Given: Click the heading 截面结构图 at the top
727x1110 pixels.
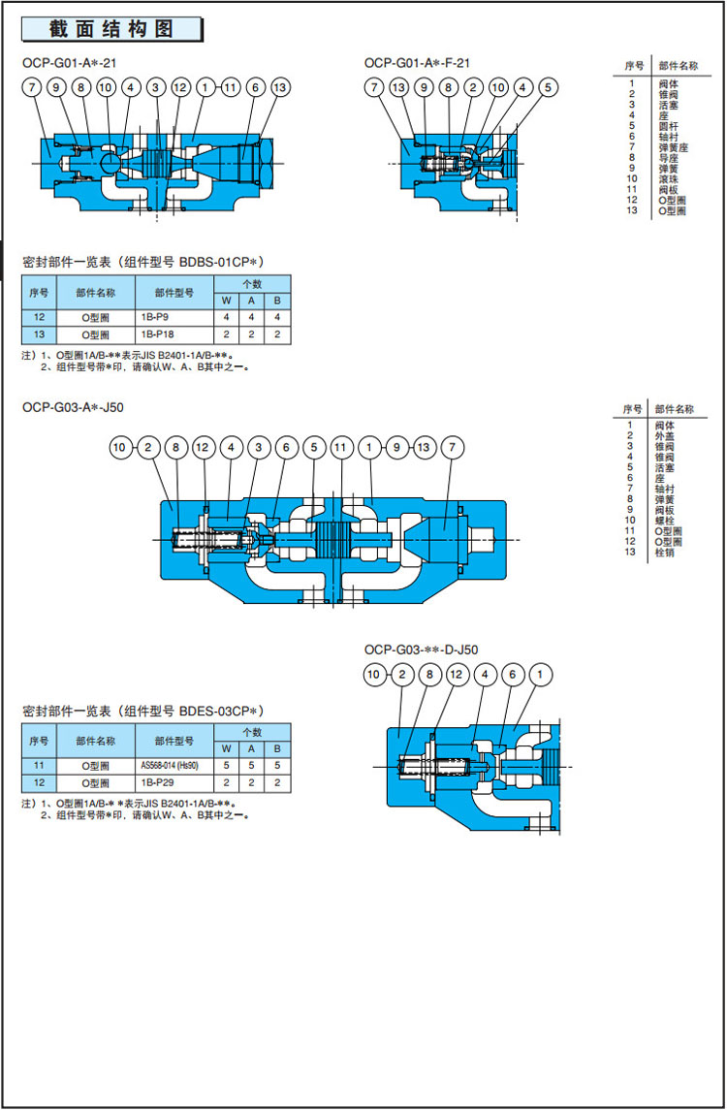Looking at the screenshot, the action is point(111,29).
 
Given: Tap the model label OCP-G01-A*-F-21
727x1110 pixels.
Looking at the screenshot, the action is point(418,63).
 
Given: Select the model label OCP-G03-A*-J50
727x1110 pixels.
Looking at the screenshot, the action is point(67,407).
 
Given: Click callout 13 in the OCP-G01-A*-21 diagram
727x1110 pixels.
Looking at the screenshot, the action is point(280,88).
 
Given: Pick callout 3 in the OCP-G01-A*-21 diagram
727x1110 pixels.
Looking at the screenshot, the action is point(156,88).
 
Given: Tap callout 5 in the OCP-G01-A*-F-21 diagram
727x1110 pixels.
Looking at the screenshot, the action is point(548,88).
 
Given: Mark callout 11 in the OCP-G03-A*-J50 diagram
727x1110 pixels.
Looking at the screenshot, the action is point(341,448).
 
